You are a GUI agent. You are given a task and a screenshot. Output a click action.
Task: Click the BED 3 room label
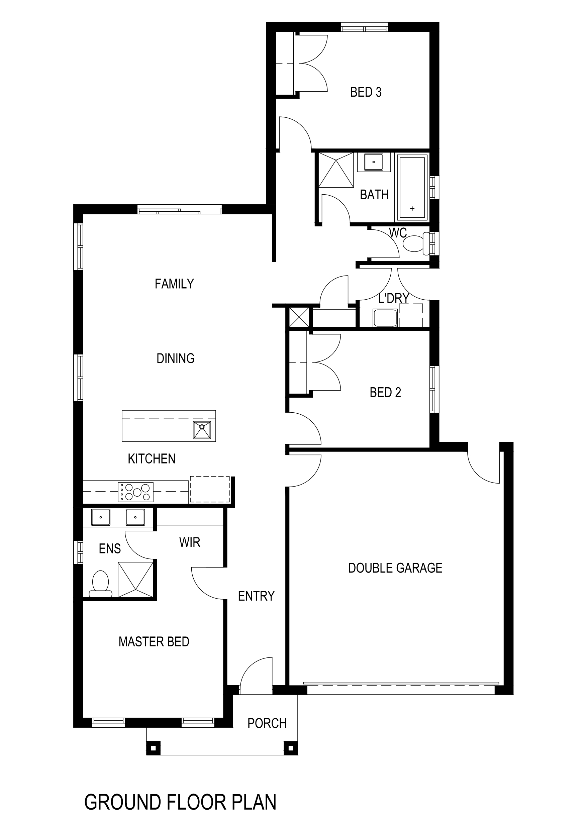[x=366, y=92]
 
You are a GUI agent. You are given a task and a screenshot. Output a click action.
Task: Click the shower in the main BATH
[x=335, y=170]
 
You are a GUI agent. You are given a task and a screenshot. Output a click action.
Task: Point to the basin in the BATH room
[x=373, y=162]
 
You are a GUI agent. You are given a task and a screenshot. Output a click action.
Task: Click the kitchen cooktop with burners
[x=135, y=492]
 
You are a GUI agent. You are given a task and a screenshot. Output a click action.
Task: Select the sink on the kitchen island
[x=202, y=430]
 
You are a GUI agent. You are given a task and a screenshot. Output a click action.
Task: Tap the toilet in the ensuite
[x=101, y=583]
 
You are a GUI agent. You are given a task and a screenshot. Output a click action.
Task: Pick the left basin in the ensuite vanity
[x=101, y=517]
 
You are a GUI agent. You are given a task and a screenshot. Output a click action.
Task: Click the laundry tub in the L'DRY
[x=385, y=318]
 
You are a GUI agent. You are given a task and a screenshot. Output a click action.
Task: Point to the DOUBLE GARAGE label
[x=395, y=568]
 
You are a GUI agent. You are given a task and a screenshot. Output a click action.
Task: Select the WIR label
[x=190, y=542]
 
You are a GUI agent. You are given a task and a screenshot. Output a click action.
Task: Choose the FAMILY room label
[x=174, y=284]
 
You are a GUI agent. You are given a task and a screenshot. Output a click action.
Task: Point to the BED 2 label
[x=385, y=392]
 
